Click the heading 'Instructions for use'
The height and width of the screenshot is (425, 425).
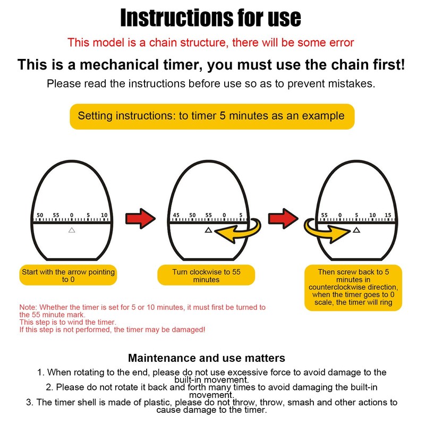point(211,18)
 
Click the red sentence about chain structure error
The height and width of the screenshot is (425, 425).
point(211,42)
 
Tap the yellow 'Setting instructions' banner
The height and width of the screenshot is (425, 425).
point(211,116)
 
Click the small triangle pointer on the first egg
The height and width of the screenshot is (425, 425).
point(72,230)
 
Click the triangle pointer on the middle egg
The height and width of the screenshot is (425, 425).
point(208,230)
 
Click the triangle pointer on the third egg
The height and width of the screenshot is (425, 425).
point(356,230)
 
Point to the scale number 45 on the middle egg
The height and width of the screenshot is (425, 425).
point(176,215)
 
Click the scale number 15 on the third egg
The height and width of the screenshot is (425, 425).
point(388,215)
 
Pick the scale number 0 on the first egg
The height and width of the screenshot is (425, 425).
point(72,215)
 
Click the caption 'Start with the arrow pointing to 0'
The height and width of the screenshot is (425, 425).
point(68,275)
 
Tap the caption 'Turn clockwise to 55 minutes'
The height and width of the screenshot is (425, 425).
point(206,275)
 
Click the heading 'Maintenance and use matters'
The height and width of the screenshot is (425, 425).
point(207,358)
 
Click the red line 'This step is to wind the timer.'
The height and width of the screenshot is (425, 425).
point(67,322)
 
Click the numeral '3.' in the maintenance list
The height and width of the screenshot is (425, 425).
point(30,402)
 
